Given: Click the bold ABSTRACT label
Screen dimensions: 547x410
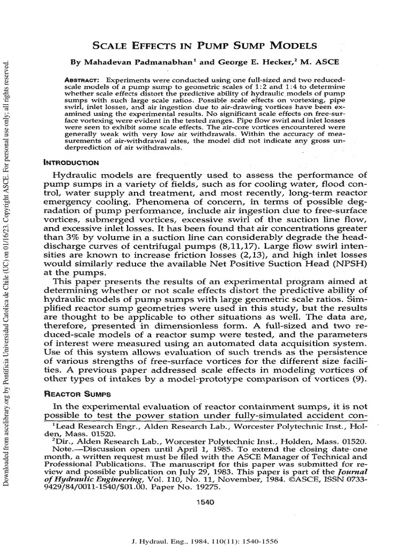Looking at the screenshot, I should pyautogui.click(x=81, y=79).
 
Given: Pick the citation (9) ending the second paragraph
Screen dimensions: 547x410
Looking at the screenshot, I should pyautogui.click(x=360, y=379).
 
